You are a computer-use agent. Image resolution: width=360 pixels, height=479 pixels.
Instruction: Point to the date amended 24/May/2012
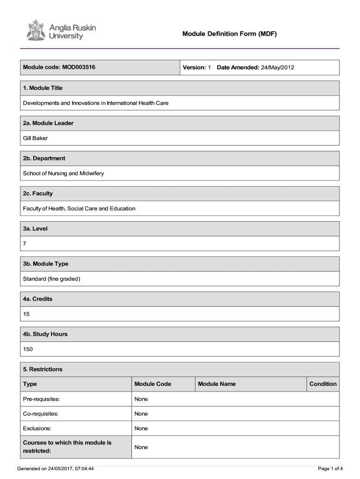[x=277, y=67]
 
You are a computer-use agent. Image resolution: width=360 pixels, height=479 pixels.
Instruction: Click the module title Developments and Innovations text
[x=96, y=103]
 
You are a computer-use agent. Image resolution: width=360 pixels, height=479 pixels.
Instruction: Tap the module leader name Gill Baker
[x=36, y=138]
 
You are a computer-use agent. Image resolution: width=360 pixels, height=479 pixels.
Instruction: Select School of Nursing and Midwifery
[x=64, y=173]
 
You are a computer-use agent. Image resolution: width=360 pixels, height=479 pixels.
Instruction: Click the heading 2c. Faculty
[x=38, y=194]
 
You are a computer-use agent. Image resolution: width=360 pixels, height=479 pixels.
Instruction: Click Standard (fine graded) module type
[x=52, y=279]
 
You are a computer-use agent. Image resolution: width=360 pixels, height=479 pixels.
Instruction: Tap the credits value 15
[x=26, y=314]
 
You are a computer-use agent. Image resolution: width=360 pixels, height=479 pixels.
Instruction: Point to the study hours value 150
[x=28, y=349]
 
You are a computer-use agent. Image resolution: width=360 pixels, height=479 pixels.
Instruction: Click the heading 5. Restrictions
[x=43, y=369]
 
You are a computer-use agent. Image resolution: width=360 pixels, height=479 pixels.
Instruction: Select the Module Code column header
[x=152, y=384]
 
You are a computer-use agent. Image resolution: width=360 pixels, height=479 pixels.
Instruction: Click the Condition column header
[x=323, y=384]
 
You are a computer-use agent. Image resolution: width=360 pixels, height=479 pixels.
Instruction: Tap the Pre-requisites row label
[x=42, y=399]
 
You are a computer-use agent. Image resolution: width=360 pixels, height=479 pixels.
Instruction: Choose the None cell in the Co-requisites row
[x=141, y=414]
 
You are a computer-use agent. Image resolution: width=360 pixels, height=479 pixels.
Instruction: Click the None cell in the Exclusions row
[x=141, y=428]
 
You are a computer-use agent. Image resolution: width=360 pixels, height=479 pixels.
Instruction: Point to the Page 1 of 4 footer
[x=331, y=468]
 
